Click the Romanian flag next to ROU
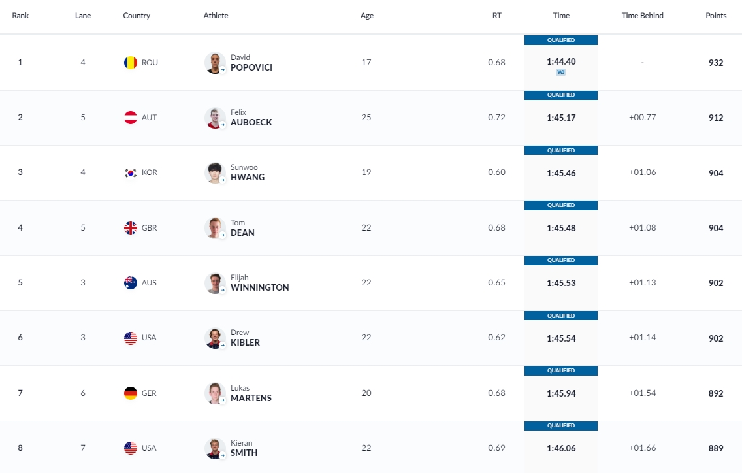(131, 63)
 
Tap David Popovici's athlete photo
(215, 63)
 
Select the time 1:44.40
(561, 61)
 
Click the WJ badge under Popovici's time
(560, 72)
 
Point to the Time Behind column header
(642, 16)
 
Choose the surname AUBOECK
(251, 122)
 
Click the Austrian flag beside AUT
(131, 118)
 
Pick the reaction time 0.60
(496, 172)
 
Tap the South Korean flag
(131, 172)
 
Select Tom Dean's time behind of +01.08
(642, 228)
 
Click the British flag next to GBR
(131, 228)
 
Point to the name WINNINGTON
(259, 287)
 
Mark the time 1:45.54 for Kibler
(561, 338)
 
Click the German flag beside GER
(131, 393)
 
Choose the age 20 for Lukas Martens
(366, 393)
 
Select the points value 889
(716, 448)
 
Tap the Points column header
(716, 16)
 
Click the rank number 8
(20, 448)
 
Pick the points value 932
(716, 63)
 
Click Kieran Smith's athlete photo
(215, 448)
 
